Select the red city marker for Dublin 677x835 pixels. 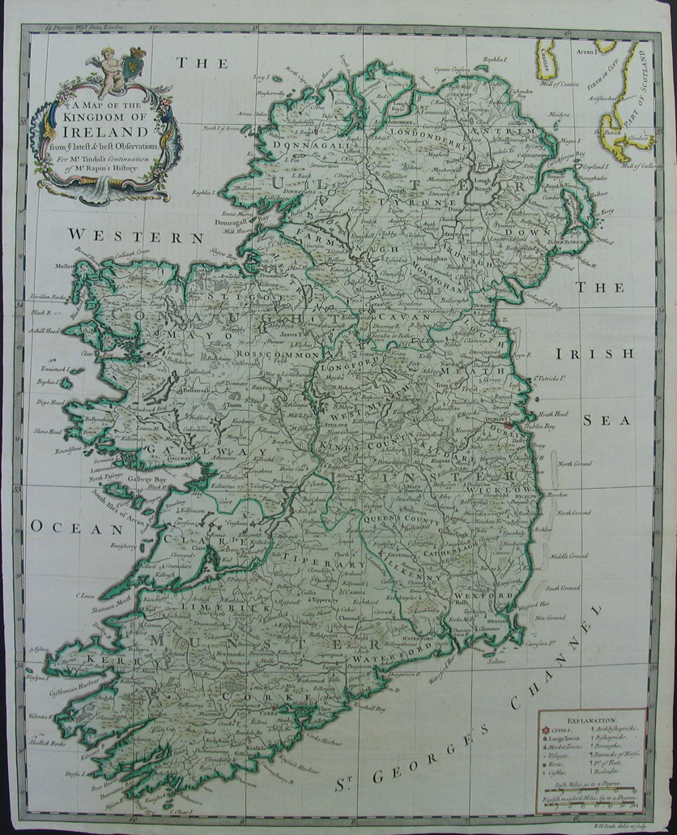point(509,425)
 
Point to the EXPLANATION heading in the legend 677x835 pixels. point(591,718)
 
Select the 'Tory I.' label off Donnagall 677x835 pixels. point(260,78)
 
